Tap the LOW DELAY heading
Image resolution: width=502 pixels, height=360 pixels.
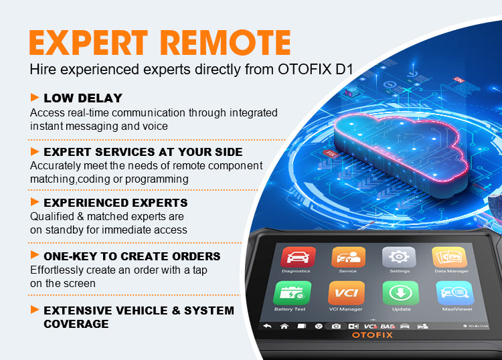click(83, 98)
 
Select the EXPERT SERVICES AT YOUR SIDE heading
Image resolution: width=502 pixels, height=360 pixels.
click(143, 151)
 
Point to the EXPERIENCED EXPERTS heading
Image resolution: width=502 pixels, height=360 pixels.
click(115, 202)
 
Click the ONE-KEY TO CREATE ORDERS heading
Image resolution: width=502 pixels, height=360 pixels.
click(132, 256)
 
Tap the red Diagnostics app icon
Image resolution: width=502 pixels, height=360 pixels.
click(295, 258)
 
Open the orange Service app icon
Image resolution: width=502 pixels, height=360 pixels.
click(347, 258)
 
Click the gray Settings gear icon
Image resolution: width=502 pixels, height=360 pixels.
click(399, 258)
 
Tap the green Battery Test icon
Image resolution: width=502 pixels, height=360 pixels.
click(290, 294)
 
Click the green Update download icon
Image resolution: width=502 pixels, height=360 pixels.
click(400, 294)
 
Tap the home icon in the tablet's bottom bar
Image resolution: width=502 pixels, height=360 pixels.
click(284, 326)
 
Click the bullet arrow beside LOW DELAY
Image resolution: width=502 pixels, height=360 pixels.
click(35, 98)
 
